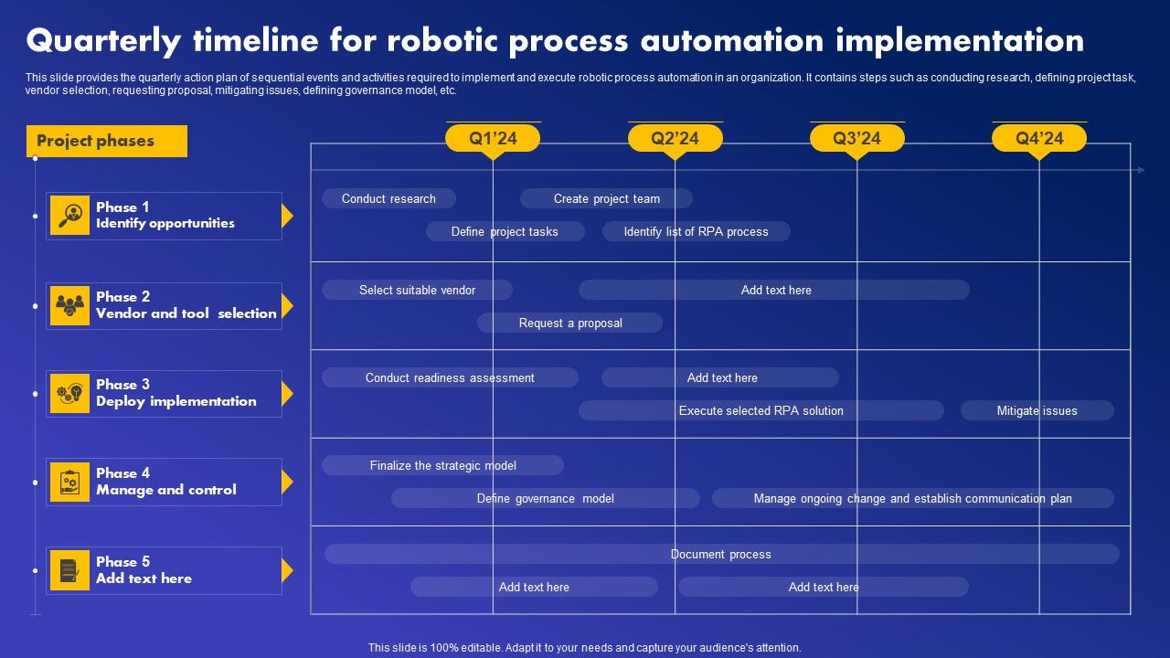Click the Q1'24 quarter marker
click(x=493, y=138)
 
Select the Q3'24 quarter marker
click(x=856, y=138)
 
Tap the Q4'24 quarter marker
click(x=1039, y=138)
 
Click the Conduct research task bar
click(x=388, y=198)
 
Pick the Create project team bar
click(x=606, y=198)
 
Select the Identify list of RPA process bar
click(x=696, y=231)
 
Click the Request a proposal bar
click(x=569, y=323)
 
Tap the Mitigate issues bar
click(x=1037, y=410)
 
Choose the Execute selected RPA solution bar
click(x=760, y=410)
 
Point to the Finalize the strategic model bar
click(x=442, y=465)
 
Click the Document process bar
click(x=721, y=554)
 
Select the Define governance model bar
click(x=545, y=498)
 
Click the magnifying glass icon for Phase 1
click(x=70, y=216)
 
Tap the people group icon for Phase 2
click(x=70, y=305)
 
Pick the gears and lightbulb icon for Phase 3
click(x=70, y=394)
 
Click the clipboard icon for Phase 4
click(x=70, y=482)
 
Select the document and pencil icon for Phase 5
click(x=70, y=570)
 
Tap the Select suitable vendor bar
click(x=417, y=290)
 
